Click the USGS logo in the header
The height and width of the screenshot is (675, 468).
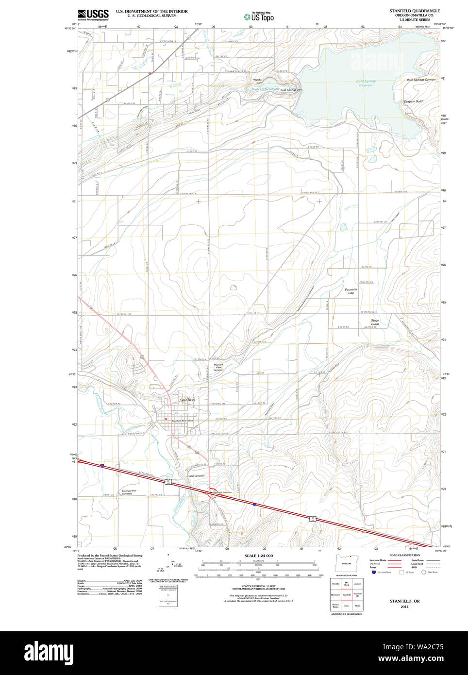tap(93, 15)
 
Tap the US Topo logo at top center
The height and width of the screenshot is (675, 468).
tap(259, 17)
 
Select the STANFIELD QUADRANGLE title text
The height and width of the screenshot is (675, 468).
tap(414, 11)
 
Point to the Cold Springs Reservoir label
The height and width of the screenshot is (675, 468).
tap(367, 83)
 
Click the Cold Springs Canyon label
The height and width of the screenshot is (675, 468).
tap(421, 80)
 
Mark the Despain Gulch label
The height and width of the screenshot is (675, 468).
tap(414, 101)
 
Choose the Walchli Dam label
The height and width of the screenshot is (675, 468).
tap(258, 81)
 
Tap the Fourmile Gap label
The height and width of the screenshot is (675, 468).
tap(351, 291)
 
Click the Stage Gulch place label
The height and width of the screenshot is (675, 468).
tap(375, 322)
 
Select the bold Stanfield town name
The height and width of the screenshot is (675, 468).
tap(187, 400)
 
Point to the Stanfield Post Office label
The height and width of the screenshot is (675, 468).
tap(183, 421)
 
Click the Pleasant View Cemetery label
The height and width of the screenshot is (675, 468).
tap(218, 368)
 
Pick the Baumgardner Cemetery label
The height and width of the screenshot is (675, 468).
tap(127, 492)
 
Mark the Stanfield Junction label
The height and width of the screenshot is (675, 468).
tap(221, 492)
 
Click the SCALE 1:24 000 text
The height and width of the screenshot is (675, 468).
tap(258, 556)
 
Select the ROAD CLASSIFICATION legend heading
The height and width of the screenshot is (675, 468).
tap(404, 555)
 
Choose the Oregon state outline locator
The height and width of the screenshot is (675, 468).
tap(346, 564)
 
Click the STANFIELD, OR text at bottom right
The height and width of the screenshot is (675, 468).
tap(404, 601)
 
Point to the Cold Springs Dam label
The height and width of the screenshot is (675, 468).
tap(291, 90)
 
